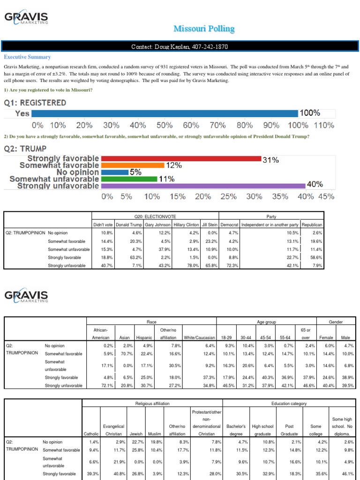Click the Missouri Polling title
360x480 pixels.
click(204, 29)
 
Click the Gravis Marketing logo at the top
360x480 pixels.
click(26, 20)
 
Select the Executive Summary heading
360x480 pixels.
click(27, 57)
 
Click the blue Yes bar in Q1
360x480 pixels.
click(164, 113)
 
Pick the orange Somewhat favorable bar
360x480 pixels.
click(132, 165)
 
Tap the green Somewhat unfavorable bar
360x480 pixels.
click(129, 179)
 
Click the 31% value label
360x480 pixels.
click(270, 160)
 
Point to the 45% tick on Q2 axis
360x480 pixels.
click(326, 197)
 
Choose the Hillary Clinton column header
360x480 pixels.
click(187, 225)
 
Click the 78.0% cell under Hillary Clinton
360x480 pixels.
click(192, 265)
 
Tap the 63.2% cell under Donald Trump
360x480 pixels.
click(135, 257)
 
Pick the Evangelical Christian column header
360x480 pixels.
click(113, 430)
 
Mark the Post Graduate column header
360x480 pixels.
click(289, 430)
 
